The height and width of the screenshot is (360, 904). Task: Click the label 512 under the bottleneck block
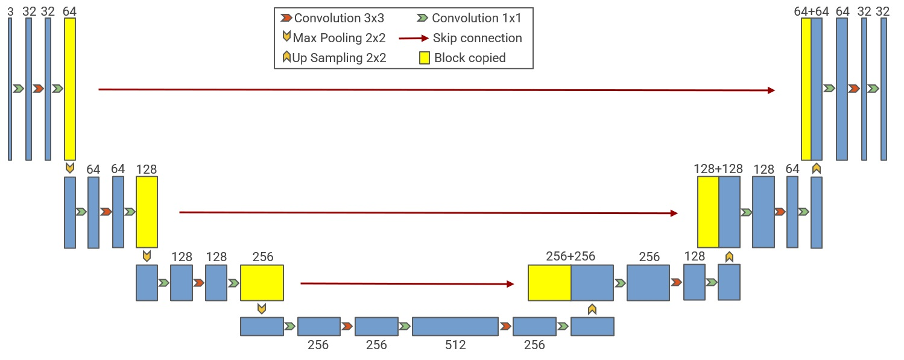455,345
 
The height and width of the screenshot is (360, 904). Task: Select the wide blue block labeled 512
455,326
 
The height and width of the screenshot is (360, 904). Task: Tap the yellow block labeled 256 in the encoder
262,282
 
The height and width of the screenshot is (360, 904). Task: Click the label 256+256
571,256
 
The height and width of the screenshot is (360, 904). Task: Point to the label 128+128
718,169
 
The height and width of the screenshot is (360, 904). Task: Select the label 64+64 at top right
811,11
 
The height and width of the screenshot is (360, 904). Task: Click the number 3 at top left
10,11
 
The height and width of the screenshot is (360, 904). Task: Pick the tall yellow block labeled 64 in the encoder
70,89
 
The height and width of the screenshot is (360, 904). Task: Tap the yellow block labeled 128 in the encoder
147,212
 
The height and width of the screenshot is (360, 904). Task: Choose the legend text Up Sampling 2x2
339,58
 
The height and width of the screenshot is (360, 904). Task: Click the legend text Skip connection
477,38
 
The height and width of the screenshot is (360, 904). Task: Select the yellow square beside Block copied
425,58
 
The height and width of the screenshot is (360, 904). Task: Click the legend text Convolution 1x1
476,18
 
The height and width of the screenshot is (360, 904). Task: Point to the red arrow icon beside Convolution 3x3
286,18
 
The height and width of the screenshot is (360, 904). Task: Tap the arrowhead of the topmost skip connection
771,90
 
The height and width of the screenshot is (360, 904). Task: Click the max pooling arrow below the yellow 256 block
261,309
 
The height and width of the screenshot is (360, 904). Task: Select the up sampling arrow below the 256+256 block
592,309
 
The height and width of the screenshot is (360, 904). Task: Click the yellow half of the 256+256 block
549,282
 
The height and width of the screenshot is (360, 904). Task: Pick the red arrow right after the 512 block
505,326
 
